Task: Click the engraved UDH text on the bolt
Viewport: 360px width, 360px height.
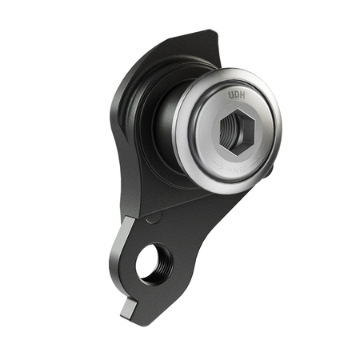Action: point(236,94)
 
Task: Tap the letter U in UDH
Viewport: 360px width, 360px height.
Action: point(230,94)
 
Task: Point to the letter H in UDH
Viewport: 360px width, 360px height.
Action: point(242,95)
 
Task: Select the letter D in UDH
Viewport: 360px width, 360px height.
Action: point(236,94)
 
